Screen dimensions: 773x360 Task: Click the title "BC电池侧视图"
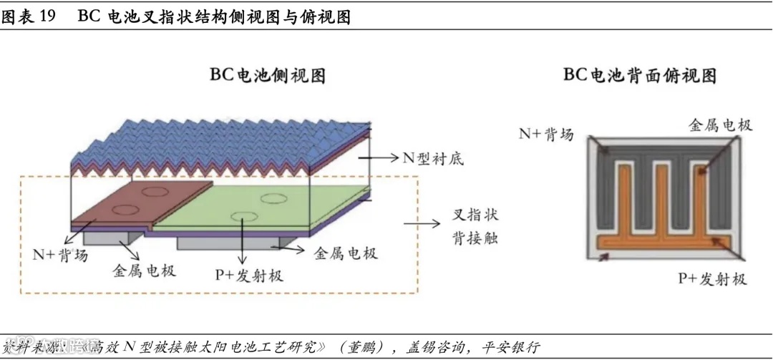(x=267, y=75)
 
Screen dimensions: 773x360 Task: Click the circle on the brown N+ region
(x=152, y=191)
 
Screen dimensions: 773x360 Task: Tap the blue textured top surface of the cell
(x=215, y=140)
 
